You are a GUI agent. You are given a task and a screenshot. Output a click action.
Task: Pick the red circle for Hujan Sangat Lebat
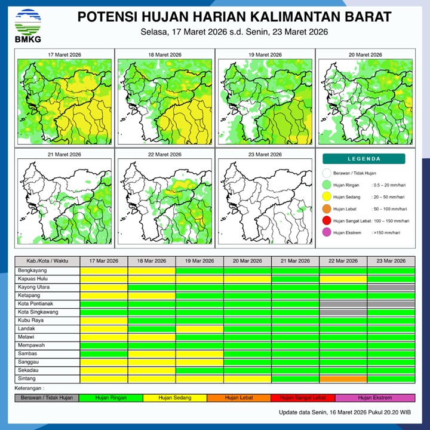pos(327,221)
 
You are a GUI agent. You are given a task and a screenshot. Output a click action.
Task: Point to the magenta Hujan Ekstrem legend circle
pos(327,232)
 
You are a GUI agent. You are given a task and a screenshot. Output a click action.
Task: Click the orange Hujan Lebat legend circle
pos(327,209)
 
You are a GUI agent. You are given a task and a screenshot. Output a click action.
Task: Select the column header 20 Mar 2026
pos(247,261)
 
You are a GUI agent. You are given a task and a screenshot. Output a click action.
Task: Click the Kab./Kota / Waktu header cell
pos(47,261)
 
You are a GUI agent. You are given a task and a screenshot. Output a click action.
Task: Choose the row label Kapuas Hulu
pos(34,279)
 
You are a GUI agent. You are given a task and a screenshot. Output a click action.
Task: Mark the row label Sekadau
pos(29,371)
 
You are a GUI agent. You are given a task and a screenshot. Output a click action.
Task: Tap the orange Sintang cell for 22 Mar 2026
pos(343,379)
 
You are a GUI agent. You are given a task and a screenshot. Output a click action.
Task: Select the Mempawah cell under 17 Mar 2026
pos(104,346)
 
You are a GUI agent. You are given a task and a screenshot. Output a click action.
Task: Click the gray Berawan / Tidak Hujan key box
pos(47,398)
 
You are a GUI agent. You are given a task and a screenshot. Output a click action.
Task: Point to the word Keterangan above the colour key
pos(31,388)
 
